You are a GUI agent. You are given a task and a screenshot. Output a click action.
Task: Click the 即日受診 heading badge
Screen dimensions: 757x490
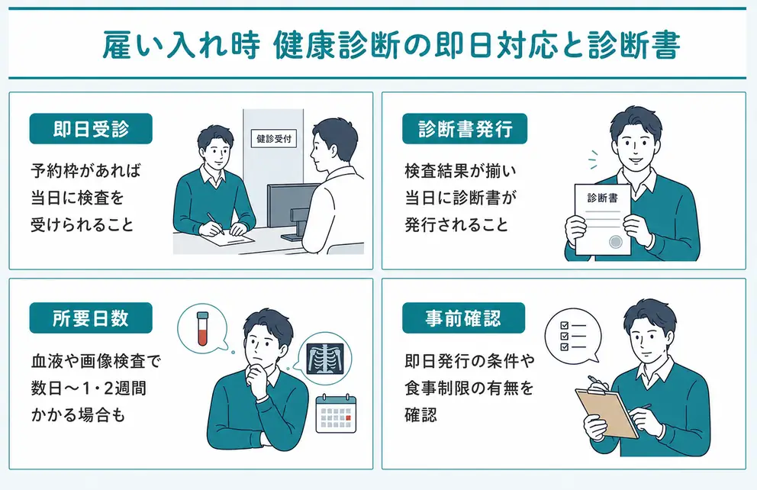click(x=91, y=129)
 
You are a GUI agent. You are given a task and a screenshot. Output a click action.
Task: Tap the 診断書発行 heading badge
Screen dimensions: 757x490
click(x=465, y=129)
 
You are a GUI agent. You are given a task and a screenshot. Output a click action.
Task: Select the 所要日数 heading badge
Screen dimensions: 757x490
click(x=91, y=318)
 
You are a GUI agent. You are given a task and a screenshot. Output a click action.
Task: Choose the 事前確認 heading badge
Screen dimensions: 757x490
click(x=463, y=318)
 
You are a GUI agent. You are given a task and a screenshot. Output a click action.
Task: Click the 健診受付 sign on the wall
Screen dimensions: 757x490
click(x=274, y=139)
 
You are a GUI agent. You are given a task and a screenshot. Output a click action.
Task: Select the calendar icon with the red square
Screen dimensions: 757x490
click(x=336, y=413)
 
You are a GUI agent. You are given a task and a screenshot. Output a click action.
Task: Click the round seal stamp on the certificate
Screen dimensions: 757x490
click(x=616, y=241)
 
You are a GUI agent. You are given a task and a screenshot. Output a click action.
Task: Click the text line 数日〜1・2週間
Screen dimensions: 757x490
click(x=89, y=388)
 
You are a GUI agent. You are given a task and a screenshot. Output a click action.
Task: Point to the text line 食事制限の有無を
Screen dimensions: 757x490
click(x=469, y=388)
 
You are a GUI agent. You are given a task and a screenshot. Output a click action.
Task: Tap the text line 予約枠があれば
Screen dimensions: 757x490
click(x=86, y=170)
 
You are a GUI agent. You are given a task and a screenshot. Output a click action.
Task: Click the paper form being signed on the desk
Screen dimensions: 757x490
click(x=227, y=237)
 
